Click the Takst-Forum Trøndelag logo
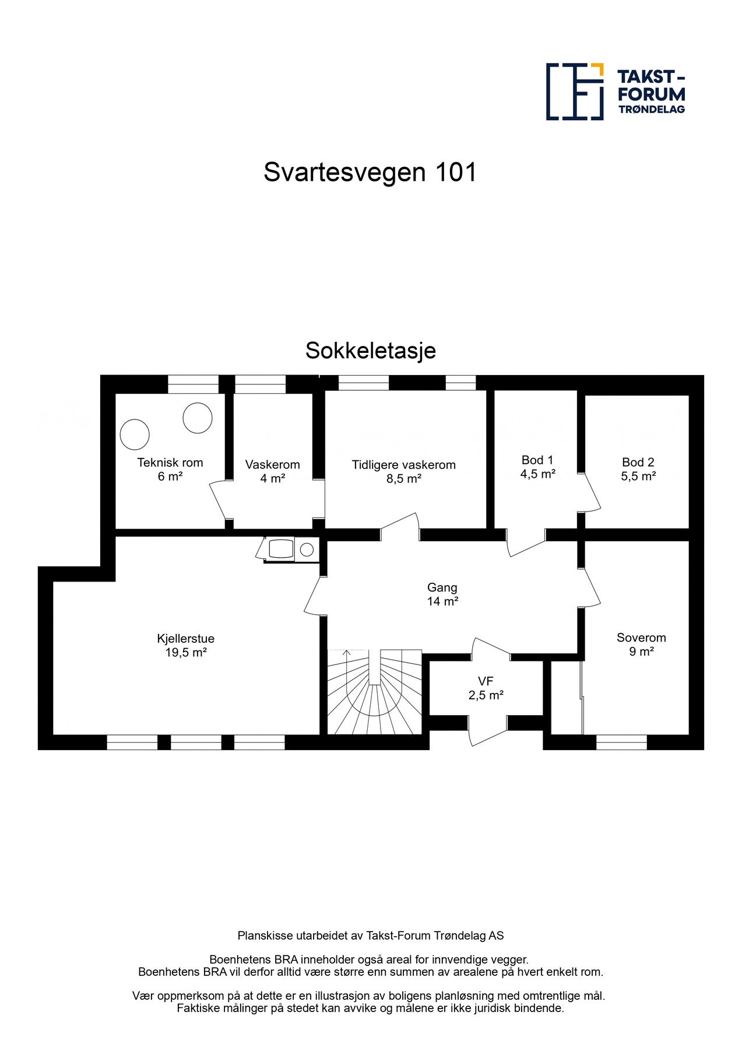point(615,92)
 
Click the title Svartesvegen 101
point(370,172)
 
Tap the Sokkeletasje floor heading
point(370,351)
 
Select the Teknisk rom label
point(170,470)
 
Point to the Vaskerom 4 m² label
point(272,471)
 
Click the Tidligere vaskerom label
point(403,471)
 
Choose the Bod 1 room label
point(537,467)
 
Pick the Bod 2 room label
point(638,469)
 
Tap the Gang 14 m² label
point(442,594)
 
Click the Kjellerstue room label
point(185,645)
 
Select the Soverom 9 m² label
point(641,644)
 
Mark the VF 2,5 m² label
point(486,688)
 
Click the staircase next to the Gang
point(374,692)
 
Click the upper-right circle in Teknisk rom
point(198,418)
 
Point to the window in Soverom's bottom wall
point(621,742)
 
